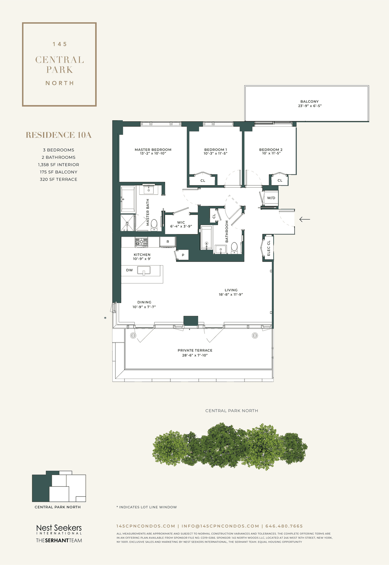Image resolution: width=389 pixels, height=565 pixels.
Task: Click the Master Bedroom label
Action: pyautogui.click(x=153, y=150)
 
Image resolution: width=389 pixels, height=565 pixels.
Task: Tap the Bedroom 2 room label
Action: pyautogui.click(x=271, y=150)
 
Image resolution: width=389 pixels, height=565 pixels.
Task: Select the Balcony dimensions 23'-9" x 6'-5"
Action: pyautogui.click(x=310, y=106)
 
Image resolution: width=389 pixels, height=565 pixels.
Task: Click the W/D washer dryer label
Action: pyautogui.click(x=271, y=198)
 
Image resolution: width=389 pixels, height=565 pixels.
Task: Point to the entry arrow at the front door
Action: pyautogui.click(x=304, y=219)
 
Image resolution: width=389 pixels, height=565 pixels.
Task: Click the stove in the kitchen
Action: pyautogui.click(x=141, y=242)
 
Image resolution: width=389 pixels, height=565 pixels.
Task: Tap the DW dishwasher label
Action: pyautogui.click(x=129, y=270)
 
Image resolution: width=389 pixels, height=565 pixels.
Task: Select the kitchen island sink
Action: pyautogui.click(x=144, y=271)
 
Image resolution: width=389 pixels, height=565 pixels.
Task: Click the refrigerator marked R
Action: pyautogui.click(x=168, y=242)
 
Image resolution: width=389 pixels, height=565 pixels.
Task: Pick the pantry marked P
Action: pyautogui.click(x=183, y=255)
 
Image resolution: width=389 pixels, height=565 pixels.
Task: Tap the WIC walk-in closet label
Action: pyautogui.click(x=181, y=223)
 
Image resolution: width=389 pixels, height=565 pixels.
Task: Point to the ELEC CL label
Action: pyautogui.click(x=268, y=248)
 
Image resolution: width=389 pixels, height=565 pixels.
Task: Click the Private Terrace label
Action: pyautogui.click(x=195, y=350)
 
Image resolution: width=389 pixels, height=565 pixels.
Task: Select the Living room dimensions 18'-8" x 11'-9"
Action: pyautogui.click(x=231, y=295)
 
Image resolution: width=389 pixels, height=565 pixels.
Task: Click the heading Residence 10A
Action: pyautogui.click(x=59, y=135)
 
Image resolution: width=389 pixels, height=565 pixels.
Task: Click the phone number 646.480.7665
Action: pyautogui.click(x=284, y=526)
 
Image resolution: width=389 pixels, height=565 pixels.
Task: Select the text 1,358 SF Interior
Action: pyautogui.click(x=58, y=165)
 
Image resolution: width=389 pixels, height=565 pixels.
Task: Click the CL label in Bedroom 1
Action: pyautogui.click(x=203, y=181)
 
